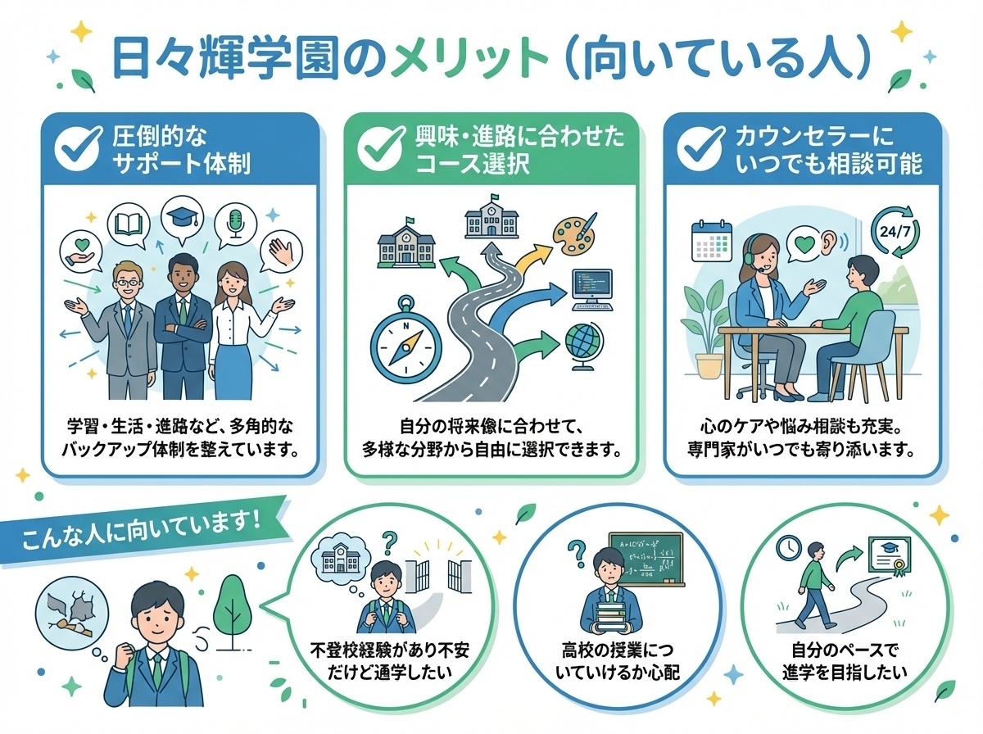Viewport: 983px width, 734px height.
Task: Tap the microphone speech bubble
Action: point(236,222)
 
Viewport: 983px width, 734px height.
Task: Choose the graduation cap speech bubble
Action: point(179,219)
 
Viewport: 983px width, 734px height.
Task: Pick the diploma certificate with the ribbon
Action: point(895,564)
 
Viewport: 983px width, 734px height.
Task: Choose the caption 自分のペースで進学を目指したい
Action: point(845,663)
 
